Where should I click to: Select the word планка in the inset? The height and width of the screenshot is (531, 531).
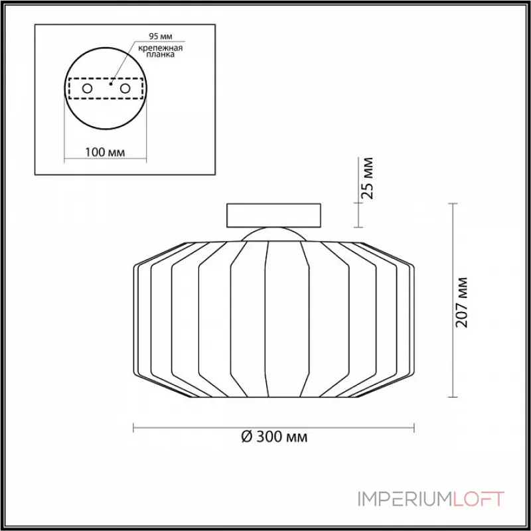(157, 56)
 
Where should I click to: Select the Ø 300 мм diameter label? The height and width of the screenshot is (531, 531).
(274, 437)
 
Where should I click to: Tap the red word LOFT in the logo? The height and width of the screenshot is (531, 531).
(479, 499)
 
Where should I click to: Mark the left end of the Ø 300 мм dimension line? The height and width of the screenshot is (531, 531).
(135, 427)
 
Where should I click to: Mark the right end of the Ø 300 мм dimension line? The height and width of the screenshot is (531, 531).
(414, 427)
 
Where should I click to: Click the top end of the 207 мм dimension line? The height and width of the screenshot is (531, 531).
(453, 204)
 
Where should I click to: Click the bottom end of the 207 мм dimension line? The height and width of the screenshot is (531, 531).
(453, 397)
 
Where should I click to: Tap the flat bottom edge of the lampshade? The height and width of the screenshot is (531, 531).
(273, 397)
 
